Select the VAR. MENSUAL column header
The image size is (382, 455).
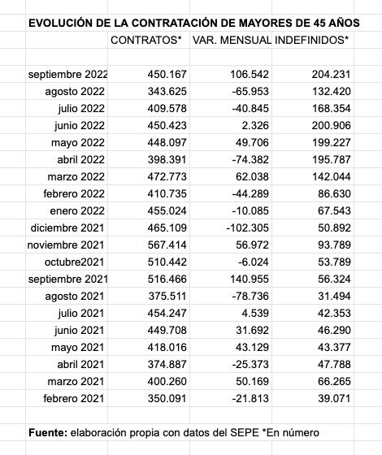point(232,39)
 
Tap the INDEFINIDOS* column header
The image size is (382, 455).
point(313,39)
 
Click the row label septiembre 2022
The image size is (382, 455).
point(68,74)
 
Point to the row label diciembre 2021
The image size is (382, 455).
point(70,227)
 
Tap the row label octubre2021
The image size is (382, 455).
point(75,262)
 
